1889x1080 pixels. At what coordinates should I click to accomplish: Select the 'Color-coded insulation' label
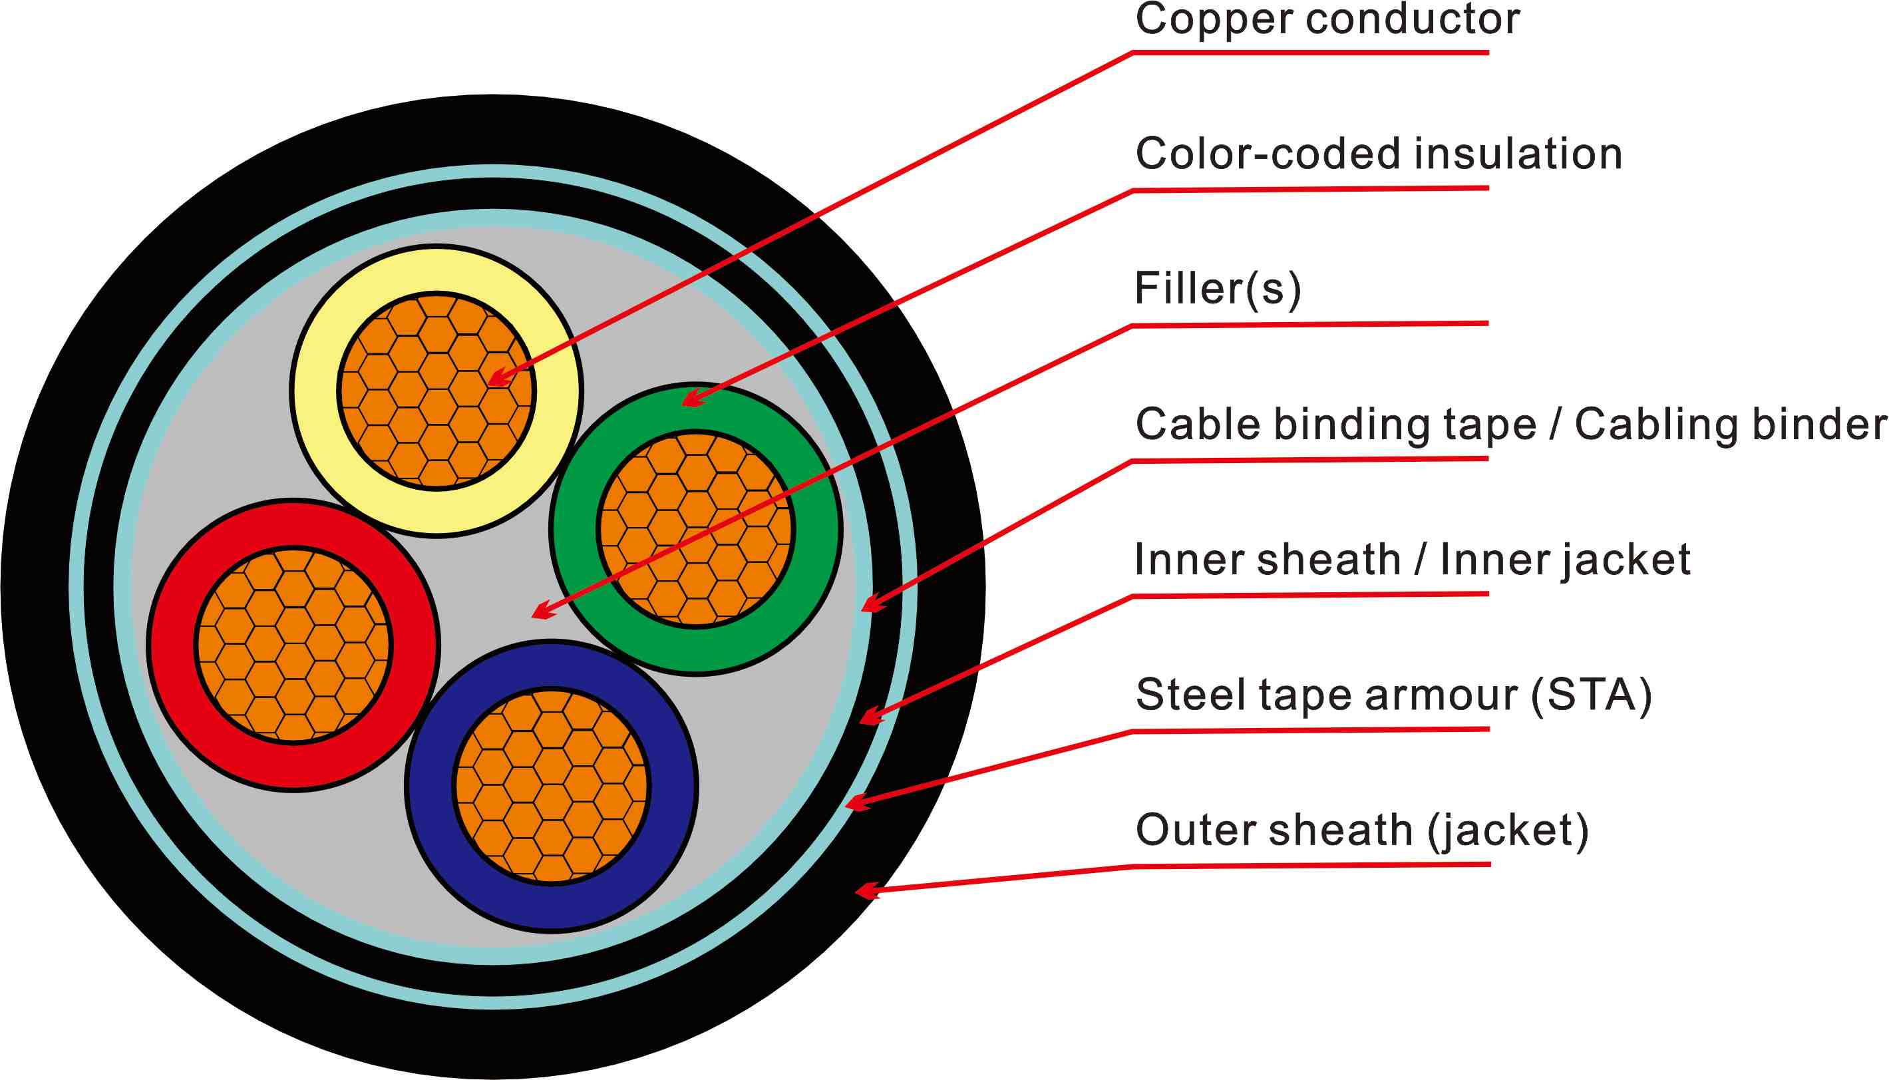tap(1379, 154)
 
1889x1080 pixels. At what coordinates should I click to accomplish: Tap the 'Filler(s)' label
tap(1218, 289)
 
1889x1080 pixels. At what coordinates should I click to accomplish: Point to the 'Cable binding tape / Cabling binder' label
tap(1510, 425)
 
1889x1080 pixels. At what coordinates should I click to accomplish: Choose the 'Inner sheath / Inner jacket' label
tap(1412, 560)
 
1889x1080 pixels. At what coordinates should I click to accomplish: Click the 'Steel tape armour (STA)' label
tap(1393, 695)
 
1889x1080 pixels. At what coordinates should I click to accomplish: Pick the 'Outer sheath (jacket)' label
tap(1361, 830)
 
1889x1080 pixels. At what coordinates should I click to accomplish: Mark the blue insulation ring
tap(430, 787)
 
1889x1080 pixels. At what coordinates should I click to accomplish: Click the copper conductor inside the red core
tap(293, 644)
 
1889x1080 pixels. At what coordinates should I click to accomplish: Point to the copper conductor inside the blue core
tap(552, 787)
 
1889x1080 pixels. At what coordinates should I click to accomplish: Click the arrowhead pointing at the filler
tap(542, 613)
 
